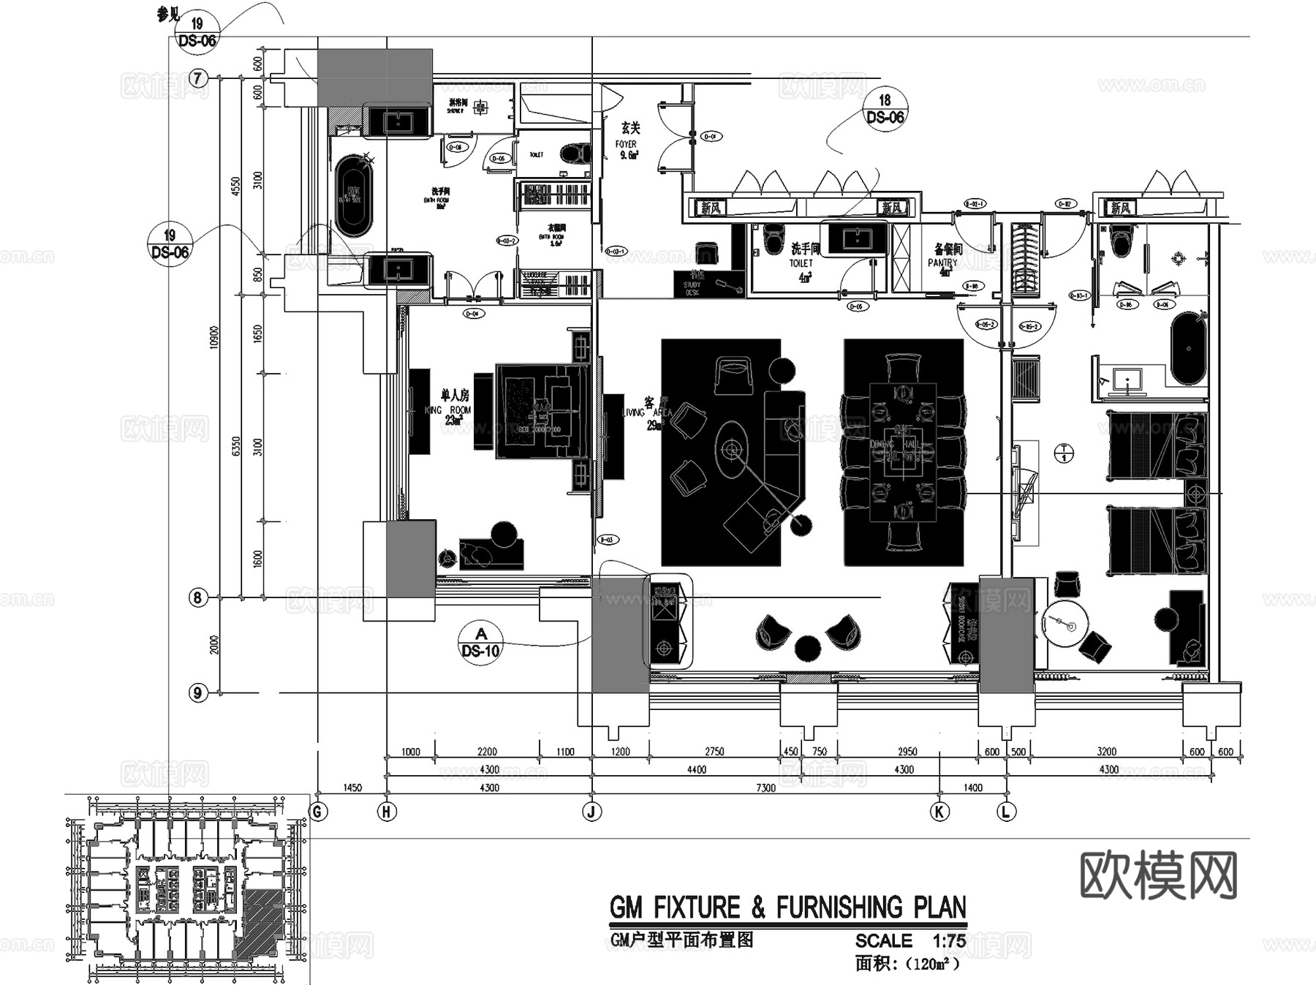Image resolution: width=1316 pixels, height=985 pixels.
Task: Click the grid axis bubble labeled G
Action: [x=317, y=811]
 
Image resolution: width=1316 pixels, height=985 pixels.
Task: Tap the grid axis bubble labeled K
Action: [x=939, y=811]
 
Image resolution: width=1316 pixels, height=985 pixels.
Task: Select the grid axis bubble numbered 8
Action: [x=197, y=597]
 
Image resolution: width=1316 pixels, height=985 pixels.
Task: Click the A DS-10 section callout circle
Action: [x=480, y=642]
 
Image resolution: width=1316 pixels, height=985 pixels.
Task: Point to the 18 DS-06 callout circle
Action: [x=885, y=109]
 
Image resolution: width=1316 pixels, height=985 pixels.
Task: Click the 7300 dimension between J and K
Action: [x=765, y=788]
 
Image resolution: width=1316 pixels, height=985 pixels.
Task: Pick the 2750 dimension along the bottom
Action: [x=714, y=751]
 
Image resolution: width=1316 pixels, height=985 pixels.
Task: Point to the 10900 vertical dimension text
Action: [x=215, y=337]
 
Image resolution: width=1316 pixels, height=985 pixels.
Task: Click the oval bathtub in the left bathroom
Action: [x=354, y=196]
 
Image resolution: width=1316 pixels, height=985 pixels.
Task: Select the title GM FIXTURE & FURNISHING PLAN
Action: [x=787, y=907]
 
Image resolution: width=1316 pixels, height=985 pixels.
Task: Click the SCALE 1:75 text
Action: [x=910, y=941]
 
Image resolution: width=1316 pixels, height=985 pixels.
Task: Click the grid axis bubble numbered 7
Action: [x=198, y=78]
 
